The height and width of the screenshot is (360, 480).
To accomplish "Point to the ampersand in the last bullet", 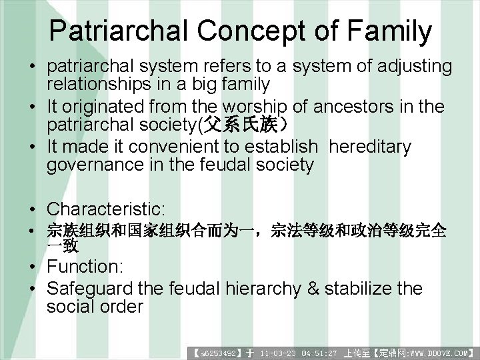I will [x=331, y=289].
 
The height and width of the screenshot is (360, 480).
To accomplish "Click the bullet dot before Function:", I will [x=32, y=267].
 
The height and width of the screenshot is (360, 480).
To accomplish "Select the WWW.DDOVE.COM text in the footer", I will [x=441, y=353].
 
